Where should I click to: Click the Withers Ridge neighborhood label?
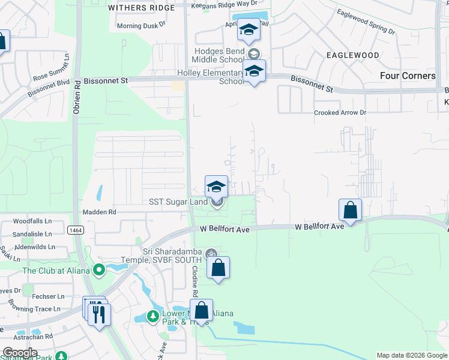[x=141, y=8]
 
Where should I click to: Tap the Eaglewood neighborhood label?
[x=352, y=55]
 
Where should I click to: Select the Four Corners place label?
[x=408, y=76]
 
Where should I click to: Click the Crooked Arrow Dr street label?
[x=340, y=113]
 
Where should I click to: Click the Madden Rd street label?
[x=100, y=212]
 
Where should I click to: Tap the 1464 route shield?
[x=76, y=230]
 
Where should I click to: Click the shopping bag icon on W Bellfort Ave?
[x=350, y=211]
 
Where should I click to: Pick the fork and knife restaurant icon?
[x=99, y=314]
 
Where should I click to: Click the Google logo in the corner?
[x=20, y=353]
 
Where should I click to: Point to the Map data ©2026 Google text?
[x=411, y=355]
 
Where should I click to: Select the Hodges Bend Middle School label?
[x=217, y=55]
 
